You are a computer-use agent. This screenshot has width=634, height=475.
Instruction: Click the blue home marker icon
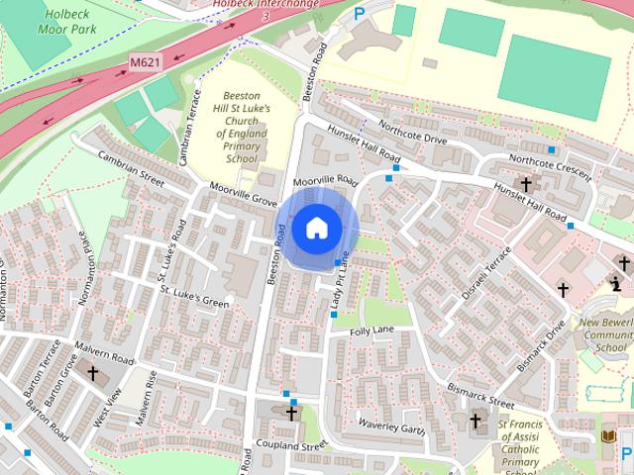point(316,229)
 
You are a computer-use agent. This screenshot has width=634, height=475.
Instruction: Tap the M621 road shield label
point(145,62)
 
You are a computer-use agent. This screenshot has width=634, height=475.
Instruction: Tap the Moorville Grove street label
point(244,193)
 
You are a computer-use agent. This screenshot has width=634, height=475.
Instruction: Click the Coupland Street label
point(289,445)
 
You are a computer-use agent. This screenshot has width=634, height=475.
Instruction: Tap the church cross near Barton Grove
point(93,374)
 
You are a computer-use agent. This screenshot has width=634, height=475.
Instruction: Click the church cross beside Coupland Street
point(291,413)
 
